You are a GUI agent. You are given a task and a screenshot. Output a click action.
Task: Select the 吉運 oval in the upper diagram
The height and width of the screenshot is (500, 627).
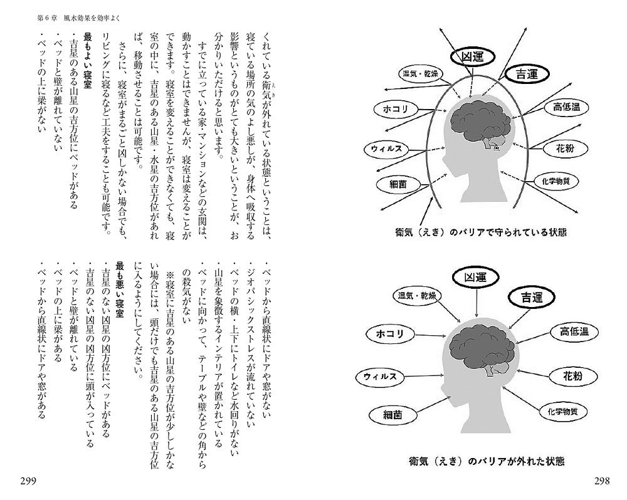click(527, 73)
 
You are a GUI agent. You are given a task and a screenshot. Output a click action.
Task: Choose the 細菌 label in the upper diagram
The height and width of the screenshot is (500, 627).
click(397, 185)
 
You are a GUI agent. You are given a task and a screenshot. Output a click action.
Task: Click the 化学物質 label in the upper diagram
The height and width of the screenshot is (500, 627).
click(550, 182)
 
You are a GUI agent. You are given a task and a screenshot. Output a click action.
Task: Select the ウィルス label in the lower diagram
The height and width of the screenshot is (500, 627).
click(381, 377)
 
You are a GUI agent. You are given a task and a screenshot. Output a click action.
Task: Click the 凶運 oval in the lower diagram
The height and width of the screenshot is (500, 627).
click(476, 276)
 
